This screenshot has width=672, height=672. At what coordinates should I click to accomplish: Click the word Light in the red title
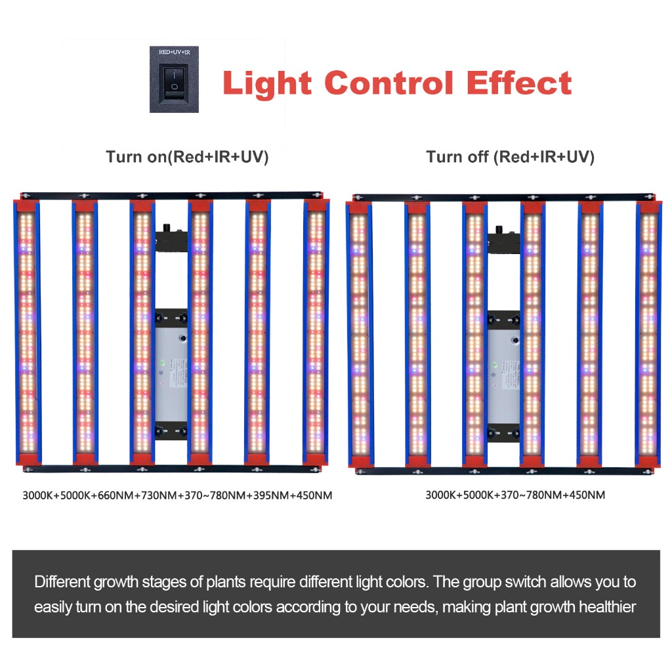[x=267, y=83]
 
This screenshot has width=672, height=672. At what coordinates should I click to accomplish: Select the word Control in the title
[x=388, y=83]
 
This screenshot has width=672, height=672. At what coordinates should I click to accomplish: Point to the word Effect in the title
[x=518, y=83]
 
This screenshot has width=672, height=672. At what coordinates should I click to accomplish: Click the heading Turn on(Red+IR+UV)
[x=187, y=157]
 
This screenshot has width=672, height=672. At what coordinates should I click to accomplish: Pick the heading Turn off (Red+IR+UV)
[x=510, y=157]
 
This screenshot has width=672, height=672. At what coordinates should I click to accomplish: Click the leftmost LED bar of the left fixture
[x=27, y=332]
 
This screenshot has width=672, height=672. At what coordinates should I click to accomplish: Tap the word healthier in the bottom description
[x=607, y=607]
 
